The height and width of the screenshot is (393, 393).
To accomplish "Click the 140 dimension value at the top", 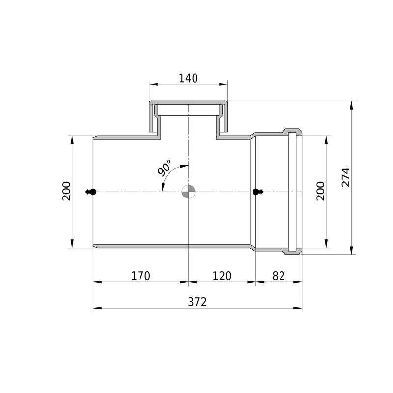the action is (188, 78).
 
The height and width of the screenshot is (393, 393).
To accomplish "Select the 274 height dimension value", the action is (346, 177).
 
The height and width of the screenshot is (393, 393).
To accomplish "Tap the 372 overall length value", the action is (197, 302).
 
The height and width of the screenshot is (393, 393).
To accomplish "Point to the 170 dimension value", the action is (141, 276).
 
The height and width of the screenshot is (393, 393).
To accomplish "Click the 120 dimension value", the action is (222, 276).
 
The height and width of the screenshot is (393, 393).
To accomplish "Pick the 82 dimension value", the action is (279, 276).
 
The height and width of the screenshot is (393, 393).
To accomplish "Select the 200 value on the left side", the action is (67, 191).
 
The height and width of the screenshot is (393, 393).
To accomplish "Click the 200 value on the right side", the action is (321, 191).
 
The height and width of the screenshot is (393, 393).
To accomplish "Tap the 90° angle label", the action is (165, 167).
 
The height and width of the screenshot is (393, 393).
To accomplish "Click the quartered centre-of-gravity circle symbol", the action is (188, 192).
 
